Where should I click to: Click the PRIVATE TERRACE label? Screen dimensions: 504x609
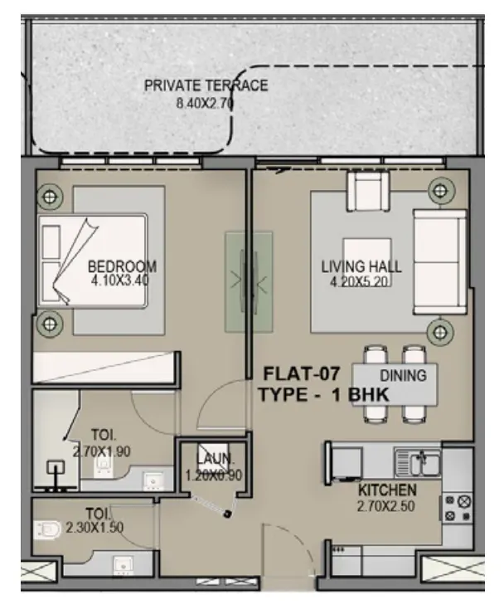pos(206,85)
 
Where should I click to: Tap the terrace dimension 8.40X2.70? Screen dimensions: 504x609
pos(205,104)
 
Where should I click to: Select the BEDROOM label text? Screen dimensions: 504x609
pos(122,267)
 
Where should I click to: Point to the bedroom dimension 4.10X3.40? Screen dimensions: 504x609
pos(120,280)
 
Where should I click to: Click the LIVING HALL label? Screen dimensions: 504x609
pos(361,267)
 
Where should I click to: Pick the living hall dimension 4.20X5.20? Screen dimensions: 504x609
pos(360,281)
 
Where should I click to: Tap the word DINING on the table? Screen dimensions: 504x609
pos(403,376)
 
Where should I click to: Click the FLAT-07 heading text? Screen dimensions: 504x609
pos(302,373)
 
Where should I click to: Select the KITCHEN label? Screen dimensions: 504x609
pos(387,490)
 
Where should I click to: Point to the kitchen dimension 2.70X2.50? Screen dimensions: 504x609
pos(385,506)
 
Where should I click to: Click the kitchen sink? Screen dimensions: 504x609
pos(417,462)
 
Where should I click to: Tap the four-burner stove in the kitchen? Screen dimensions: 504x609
pos(457,508)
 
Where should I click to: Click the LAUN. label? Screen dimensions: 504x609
pos(215,459)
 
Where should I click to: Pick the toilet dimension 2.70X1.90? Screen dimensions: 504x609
pos(102,451)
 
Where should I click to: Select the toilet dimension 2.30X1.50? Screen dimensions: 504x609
pos(94,528)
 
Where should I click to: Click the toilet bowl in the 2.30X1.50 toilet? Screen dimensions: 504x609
pos(47,530)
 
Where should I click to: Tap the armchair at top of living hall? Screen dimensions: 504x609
pos(368,191)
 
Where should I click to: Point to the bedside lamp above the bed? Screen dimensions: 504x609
pos(50,197)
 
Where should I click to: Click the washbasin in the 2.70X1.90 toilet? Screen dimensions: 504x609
pos(153,480)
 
